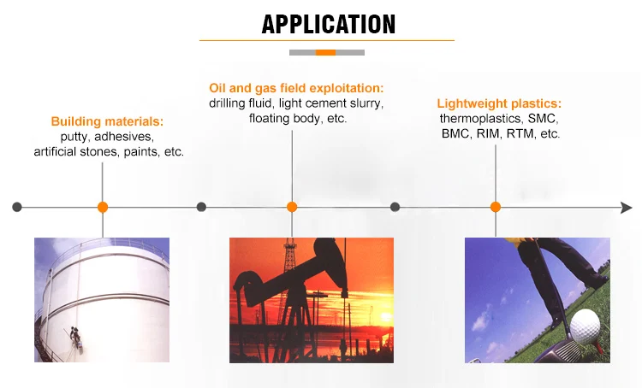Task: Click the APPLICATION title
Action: [x=329, y=24]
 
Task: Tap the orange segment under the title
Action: [x=325, y=52]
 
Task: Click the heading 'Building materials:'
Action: [x=107, y=121]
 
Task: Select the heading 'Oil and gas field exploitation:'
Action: [x=296, y=88]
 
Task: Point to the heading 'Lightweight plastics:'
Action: [x=499, y=103]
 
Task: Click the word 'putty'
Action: [x=74, y=137]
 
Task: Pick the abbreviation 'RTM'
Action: [x=520, y=133]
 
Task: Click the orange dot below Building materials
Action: [x=103, y=208]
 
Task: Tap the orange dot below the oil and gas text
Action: [x=292, y=207]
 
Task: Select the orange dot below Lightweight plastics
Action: [x=496, y=207]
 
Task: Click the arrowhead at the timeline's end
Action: [x=627, y=208]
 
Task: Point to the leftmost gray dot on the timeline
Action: [x=17, y=207]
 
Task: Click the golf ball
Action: [x=586, y=326]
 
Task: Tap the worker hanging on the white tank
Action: [x=76, y=338]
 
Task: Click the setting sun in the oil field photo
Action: [x=386, y=316]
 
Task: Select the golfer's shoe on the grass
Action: [x=597, y=282]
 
